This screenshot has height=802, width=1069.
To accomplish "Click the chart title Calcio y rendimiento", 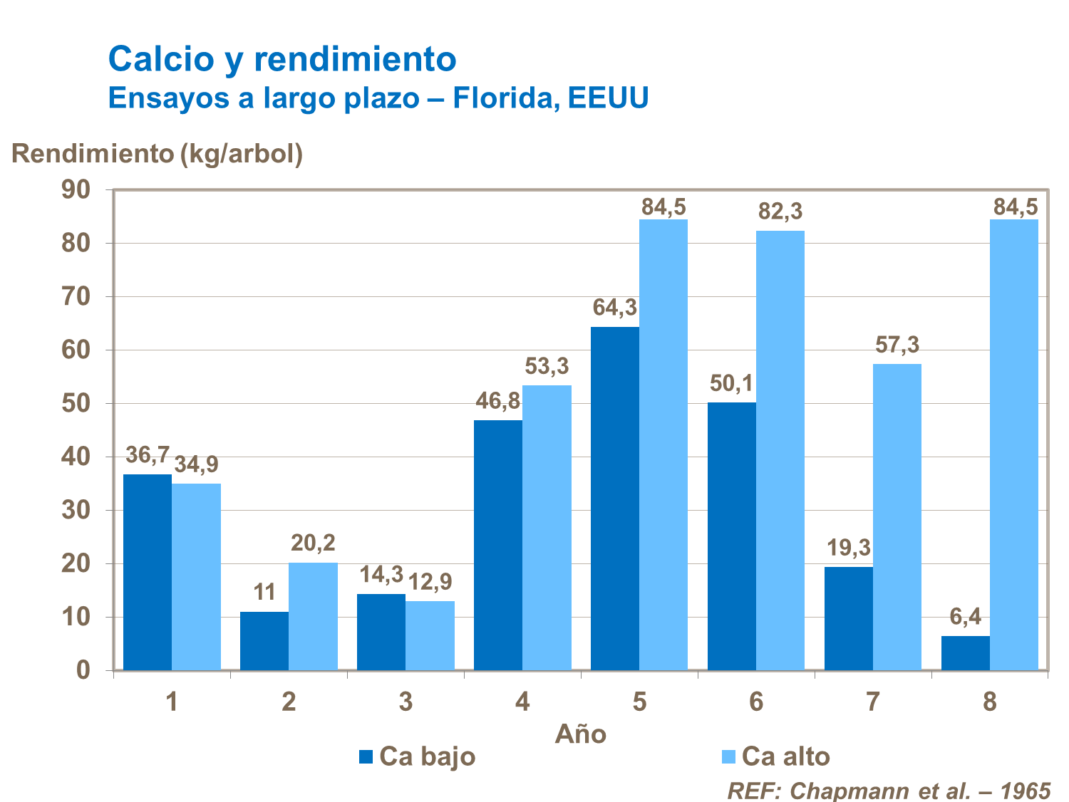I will click(x=282, y=58).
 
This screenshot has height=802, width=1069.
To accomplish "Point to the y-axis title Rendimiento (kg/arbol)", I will click(x=157, y=153).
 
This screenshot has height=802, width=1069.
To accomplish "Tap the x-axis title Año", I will click(x=580, y=734).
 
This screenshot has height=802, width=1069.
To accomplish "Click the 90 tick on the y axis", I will click(x=76, y=189).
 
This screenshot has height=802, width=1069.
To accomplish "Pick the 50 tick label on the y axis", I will click(x=76, y=403).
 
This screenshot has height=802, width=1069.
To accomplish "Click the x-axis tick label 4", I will click(x=522, y=702).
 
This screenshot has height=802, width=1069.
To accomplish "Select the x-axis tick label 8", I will click(x=989, y=702).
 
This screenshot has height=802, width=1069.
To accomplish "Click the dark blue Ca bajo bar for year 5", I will click(x=614, y=499).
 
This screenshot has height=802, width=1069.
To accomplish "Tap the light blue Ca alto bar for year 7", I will click(x=897, y=516).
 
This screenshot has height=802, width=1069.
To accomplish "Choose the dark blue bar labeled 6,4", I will click(x=965, y=653).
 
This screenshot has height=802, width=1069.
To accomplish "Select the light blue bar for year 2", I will click(x=313, y=616).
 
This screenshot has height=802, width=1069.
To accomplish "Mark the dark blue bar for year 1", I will click(x=148, y=572).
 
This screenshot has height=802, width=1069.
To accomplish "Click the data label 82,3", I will click(x=780, y=212).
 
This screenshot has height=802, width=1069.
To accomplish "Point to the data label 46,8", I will click(x=498, y=401).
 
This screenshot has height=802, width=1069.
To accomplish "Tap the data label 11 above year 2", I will click(x=264, y=593).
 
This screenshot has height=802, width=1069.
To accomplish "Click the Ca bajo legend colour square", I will click(x=366, y=756).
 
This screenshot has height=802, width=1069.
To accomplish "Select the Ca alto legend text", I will click(x=785, y=756).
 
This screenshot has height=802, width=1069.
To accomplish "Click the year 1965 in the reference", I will click(x=1025, y=791).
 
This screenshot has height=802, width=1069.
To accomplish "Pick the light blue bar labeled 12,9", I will click(x=430, y=635).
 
